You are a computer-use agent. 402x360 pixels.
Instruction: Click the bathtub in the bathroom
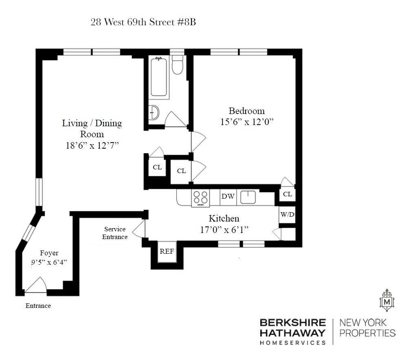tap(159, 77)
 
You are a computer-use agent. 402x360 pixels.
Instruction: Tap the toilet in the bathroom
tap(177, 65)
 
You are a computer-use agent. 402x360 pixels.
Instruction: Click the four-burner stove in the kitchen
tap(200, 198)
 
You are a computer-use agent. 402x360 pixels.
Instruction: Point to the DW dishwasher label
tap(228, 196)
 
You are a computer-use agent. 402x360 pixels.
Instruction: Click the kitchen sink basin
tap(248, 197)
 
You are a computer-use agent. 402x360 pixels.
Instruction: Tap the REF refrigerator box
tap(167, 252)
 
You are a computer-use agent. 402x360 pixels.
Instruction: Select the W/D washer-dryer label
tap(287, 214)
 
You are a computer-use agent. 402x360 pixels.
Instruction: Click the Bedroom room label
tap(247, 111)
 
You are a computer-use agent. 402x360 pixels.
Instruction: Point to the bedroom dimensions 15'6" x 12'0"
tap(247, 122)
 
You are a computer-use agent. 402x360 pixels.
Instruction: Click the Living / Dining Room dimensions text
tap(92, 146)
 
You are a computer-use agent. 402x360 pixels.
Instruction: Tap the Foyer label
tap(49, 253)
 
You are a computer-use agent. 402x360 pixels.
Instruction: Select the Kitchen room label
tap(224, 218)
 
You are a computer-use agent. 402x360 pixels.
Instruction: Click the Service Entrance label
tap(115, 233)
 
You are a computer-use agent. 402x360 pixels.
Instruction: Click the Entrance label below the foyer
tap(38, 306)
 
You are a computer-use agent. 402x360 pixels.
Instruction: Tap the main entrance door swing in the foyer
tap(36, 285)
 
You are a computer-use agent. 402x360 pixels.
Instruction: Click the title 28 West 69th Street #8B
tap(143, 22)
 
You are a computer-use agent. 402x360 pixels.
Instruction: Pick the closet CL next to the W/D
tap(288, 194)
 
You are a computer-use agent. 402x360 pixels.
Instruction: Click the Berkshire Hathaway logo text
tap(293, 331)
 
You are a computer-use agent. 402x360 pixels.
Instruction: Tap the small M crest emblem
tap(387, 300)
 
